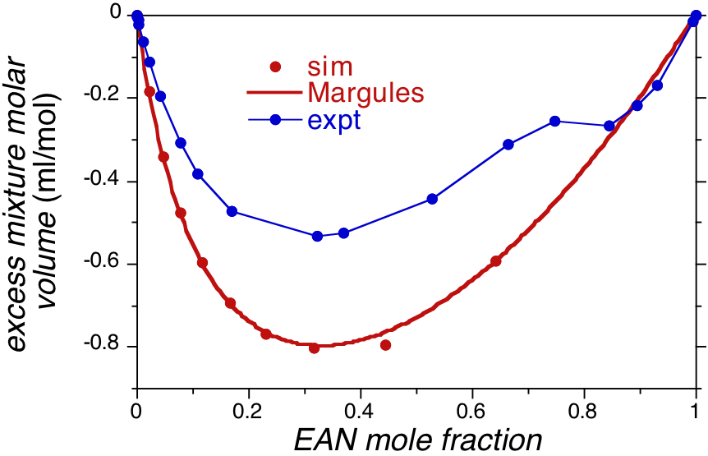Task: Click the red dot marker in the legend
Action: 276,67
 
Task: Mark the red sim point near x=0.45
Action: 385,345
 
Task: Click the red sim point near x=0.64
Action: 496,261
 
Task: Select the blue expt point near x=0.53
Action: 433,199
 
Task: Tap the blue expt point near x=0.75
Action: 555,122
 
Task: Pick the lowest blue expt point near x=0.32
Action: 317,237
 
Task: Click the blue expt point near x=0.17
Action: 232,211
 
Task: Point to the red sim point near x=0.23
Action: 266,334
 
